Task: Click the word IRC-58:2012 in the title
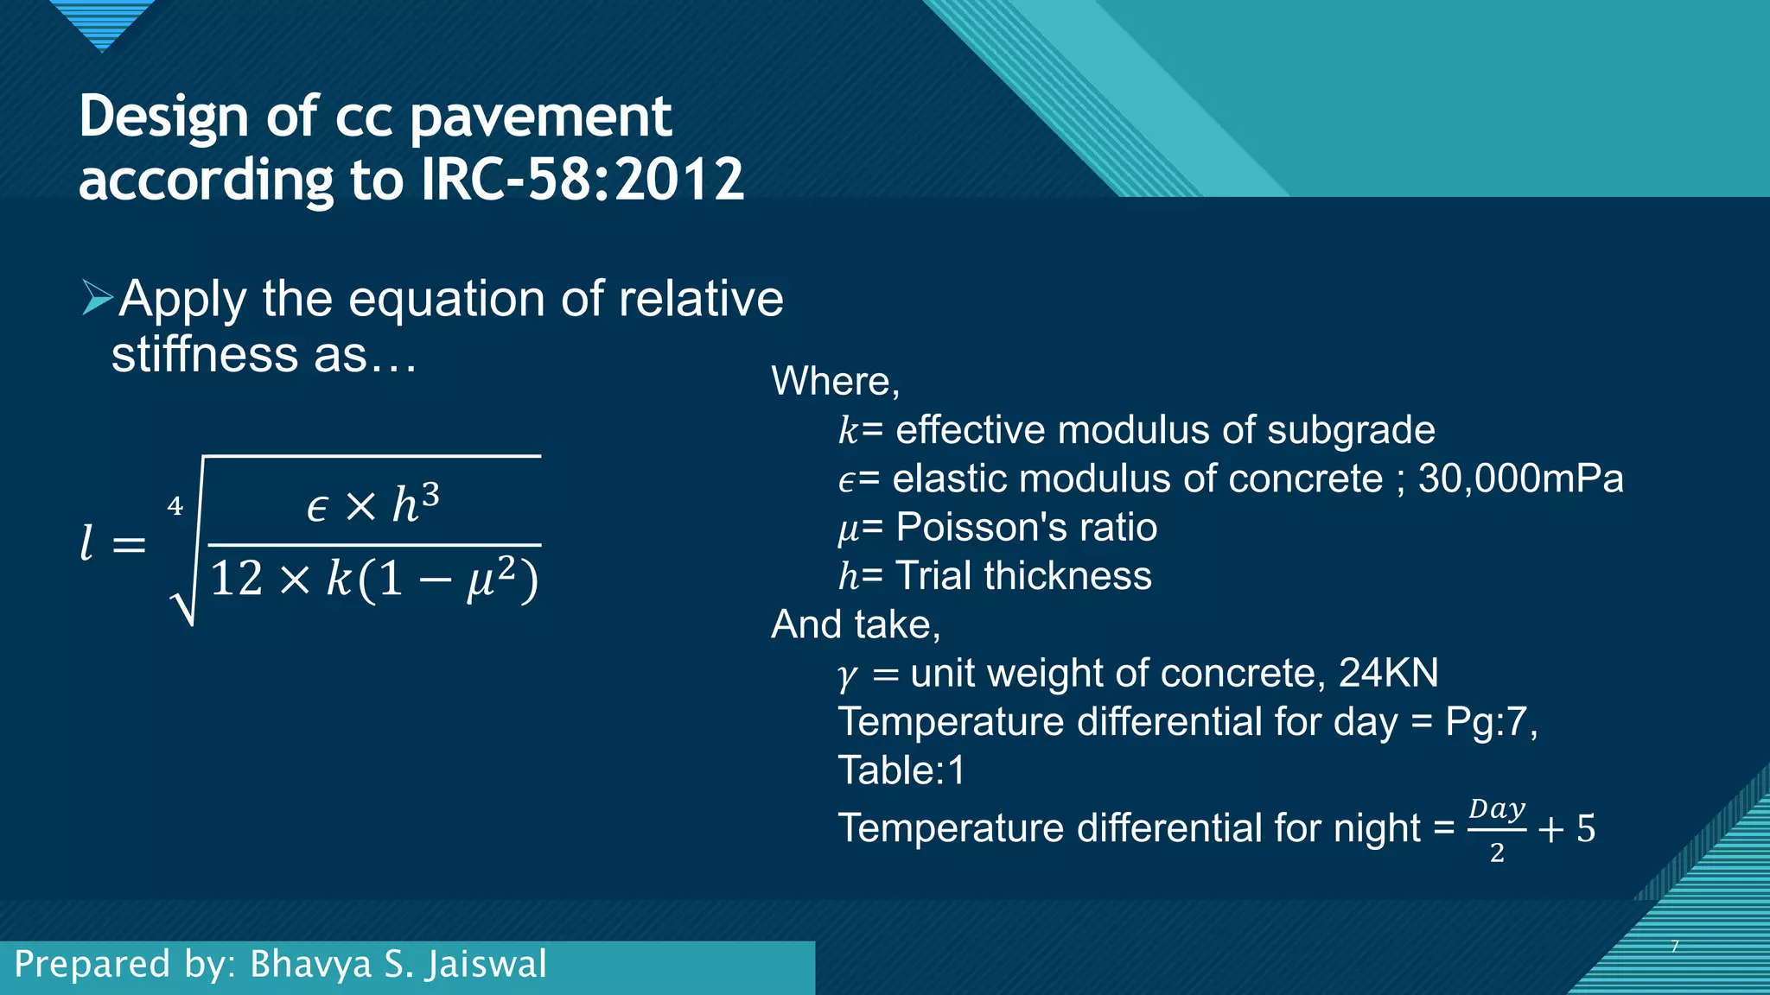pos(583,180)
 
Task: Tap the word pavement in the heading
pos(540,117)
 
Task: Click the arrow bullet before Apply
pos(98,297)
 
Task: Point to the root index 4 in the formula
pos(175,506)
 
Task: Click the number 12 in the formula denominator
pos(236,578)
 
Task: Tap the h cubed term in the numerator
pos(416,503)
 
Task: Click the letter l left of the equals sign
pos(86,543)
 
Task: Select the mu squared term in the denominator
pos(491,578)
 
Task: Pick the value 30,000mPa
pos(1520,478)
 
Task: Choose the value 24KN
pos(1388,673)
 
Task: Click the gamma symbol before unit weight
pos(848,675)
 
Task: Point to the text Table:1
pos(901,770)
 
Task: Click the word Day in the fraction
pos(1497,810)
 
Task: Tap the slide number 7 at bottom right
pos(1674,947)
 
